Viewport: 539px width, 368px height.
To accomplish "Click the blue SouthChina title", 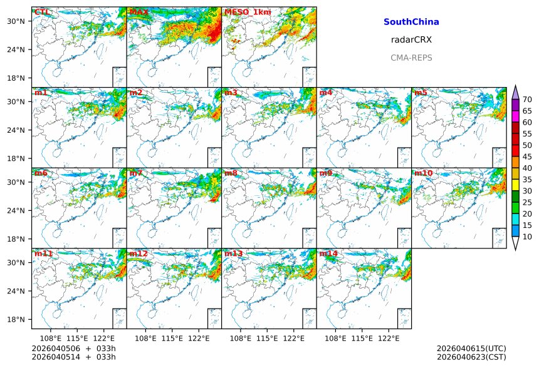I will (x=411, y=22).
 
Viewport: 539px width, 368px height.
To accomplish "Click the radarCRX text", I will (x=411, y=39).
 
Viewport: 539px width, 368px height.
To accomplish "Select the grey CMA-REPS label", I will (x=411, y=58).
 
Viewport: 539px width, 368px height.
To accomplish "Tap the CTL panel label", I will (x=42, y=12).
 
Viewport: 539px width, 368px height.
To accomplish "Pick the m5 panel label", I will (x=421, y=93).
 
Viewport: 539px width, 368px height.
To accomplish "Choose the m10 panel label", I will (x=423, y=173).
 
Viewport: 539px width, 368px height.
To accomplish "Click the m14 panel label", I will (x=328, y=253).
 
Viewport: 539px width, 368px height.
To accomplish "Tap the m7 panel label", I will (x=135, y=173).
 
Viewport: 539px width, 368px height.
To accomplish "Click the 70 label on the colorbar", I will (x=528, y=100).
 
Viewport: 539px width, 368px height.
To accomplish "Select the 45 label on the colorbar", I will (x=528, y=156).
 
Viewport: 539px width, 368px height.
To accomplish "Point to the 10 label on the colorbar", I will (x=528, y=237).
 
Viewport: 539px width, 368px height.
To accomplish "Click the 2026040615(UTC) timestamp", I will (x=471, y=348).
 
